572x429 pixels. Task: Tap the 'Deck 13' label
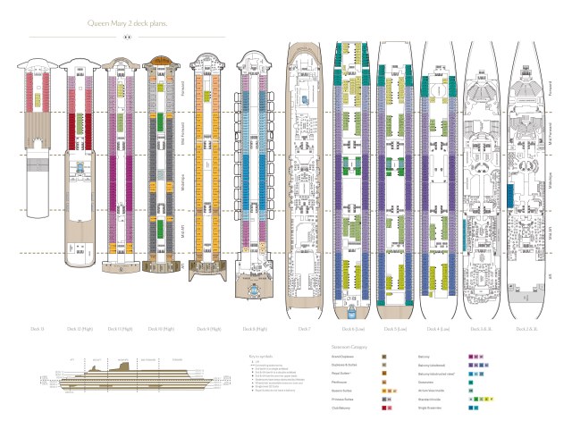38,329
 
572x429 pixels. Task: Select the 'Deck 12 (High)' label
79,329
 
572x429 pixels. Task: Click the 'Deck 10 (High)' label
162,329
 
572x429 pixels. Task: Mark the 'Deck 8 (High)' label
251,329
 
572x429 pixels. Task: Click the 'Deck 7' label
304,329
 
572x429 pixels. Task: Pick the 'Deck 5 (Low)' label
394,329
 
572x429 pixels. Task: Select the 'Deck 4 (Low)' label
438,329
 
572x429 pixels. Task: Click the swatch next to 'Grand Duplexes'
383,356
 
